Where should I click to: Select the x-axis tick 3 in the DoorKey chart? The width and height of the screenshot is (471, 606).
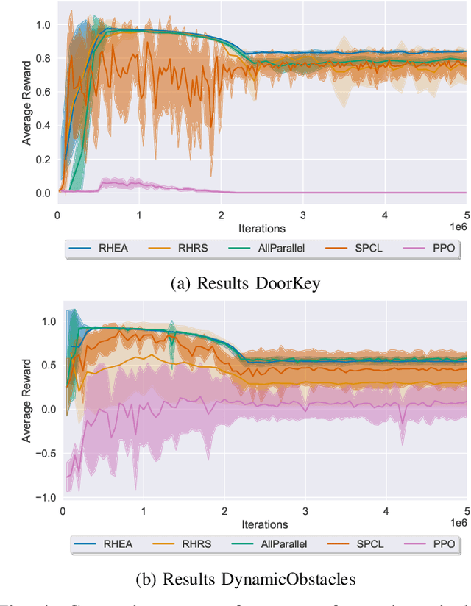(303, 215)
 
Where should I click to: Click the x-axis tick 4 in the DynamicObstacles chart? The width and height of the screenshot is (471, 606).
(386, 510)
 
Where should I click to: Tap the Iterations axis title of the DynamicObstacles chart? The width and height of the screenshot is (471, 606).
(264, 524)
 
